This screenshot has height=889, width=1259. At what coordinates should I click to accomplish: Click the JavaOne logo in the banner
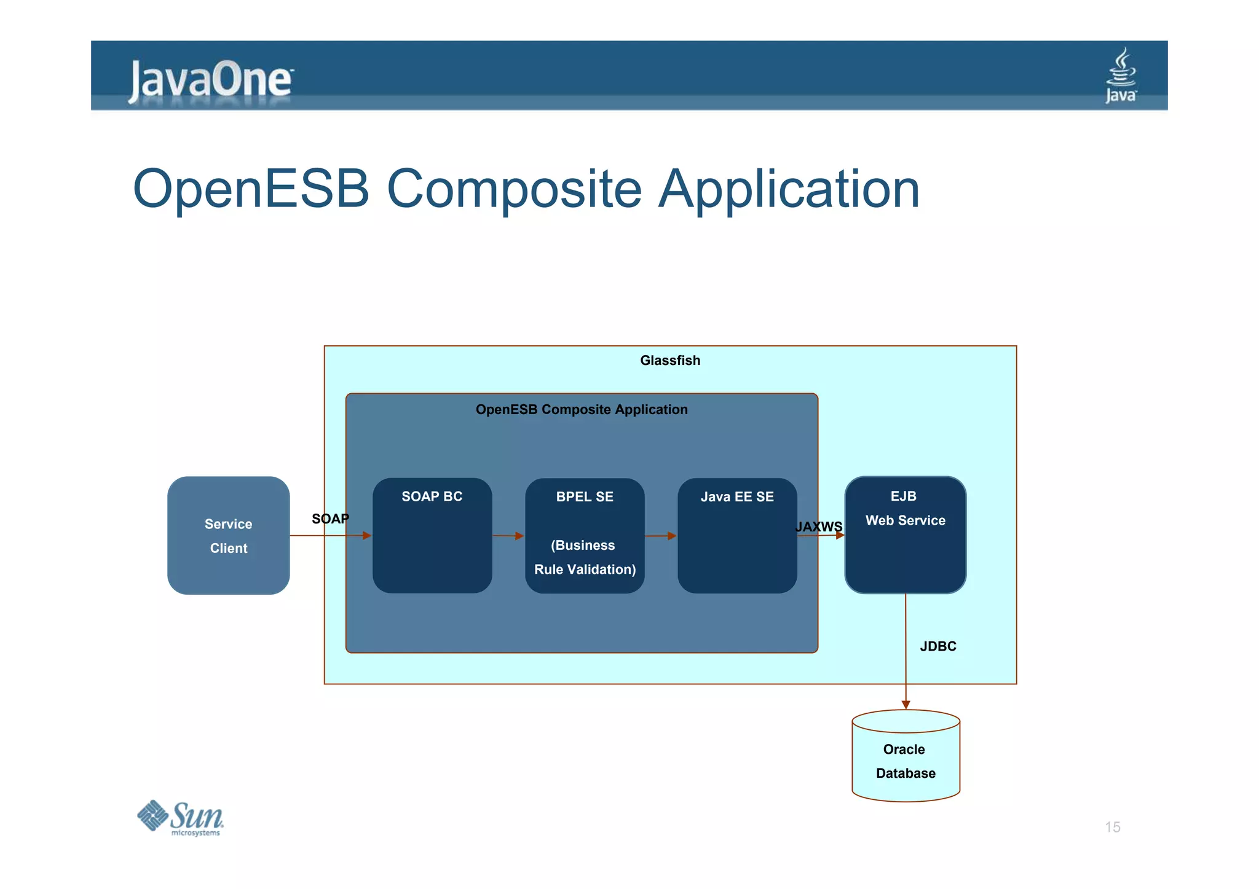click(x=210, y=80)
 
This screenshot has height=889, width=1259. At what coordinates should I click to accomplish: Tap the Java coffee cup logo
click(x=1121, y=76)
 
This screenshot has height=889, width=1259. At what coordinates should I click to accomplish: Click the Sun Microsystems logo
click(x=180, y=818)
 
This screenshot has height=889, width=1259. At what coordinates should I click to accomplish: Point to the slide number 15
click(x=1112, y=827)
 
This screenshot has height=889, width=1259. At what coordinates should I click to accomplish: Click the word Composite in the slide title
click(x=514, y=189)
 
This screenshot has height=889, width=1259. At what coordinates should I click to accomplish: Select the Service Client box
click(x=228, y=535)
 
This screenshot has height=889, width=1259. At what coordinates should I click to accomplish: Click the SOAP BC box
click(x=432, y=535)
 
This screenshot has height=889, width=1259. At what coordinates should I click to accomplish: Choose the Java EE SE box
click(x=736, y=535)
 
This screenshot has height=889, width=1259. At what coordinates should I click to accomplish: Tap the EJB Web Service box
click(x=905, y=535)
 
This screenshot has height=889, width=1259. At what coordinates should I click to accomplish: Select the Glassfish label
click(x=670, y=361)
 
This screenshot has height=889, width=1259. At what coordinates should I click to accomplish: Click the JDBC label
click(x=937, y=646)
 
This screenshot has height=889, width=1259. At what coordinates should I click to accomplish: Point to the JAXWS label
click(x=818, y=527)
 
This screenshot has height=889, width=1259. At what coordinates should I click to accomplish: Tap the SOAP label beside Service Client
click(x=330, y=519)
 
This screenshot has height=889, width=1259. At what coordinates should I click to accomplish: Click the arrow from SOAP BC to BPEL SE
click(x=508, y=536)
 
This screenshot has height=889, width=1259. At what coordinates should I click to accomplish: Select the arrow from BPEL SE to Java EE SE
click(x=660, y=536)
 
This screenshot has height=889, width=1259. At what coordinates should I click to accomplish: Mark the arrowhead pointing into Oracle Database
click(x=906, y=704)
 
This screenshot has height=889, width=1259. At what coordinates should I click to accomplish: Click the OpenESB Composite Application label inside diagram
click(x=582, y=410)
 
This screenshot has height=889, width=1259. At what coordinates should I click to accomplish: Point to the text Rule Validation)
click(x=585, y=570)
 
